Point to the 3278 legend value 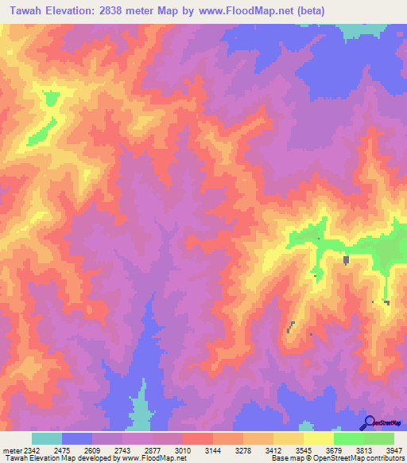[x=254, y=450]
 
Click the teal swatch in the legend [x=47, y=438]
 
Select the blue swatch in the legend [x=77, y=438]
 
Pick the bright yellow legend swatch [x=318, y=438]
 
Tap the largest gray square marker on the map [x=346, y=259]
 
